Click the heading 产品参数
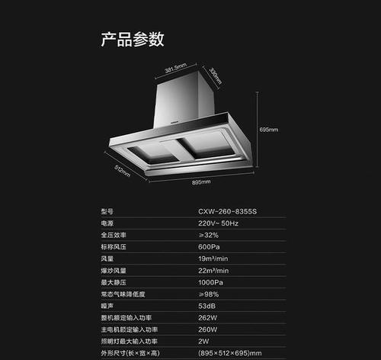[x=133, y=39]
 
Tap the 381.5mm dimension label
[x=176, y=68]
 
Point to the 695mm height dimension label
[x=269, y=130]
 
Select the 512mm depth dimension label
[x=122, y=171]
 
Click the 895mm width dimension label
[x=201, y=182]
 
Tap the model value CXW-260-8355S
[x=227, y=211]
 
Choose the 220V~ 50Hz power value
[x=218, y=223]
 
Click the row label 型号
[x=107, y=211]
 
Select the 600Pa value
[x=209, y=247]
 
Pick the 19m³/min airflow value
[x=213, y=259]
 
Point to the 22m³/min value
[x=213, y=271]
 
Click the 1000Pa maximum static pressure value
[x=210, y=282]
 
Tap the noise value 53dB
[x=207, y=306]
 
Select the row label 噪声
[x=107, y=306]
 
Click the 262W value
[x=208, y=318]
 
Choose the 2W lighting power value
[x=203, y=342]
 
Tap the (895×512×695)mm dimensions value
[x=230, y=353]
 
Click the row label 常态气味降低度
[x=123, y=294]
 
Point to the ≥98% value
[x=209, y=294]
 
